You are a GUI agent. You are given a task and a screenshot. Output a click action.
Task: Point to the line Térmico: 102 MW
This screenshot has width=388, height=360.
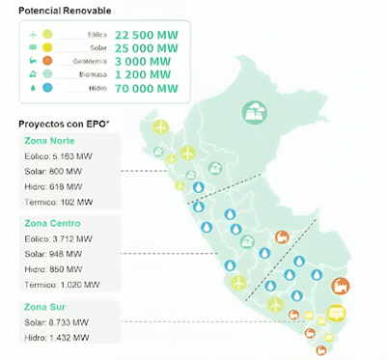(x=58, y=202)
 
